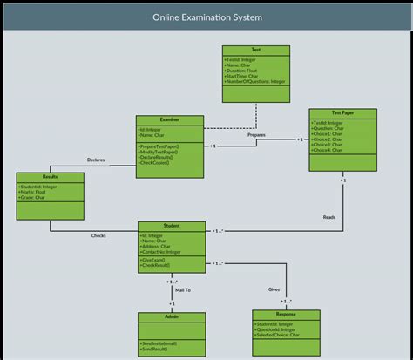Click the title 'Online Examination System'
(x=206, y=17)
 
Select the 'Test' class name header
(x=255, y=50)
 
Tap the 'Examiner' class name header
(x=169, y=120)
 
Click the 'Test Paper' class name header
(x=342, y=113)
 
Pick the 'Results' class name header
(x=50, y=176)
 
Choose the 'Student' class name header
(x=171, y=226)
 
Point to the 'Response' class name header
(x=286, y=314)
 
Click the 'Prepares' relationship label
(x=256, y=135)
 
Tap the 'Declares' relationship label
(x=96, y=160)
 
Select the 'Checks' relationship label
(x=99, y=235)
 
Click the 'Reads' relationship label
(x=328, y=217)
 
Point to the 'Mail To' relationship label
(x=182, y=289)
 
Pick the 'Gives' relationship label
(x=274, y=289)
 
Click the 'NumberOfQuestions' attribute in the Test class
(x=254, y=81)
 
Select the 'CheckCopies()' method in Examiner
(x=156, y=163)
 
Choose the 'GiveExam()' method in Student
(x=155, y=260)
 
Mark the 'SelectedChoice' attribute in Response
(x=278, y=334)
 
